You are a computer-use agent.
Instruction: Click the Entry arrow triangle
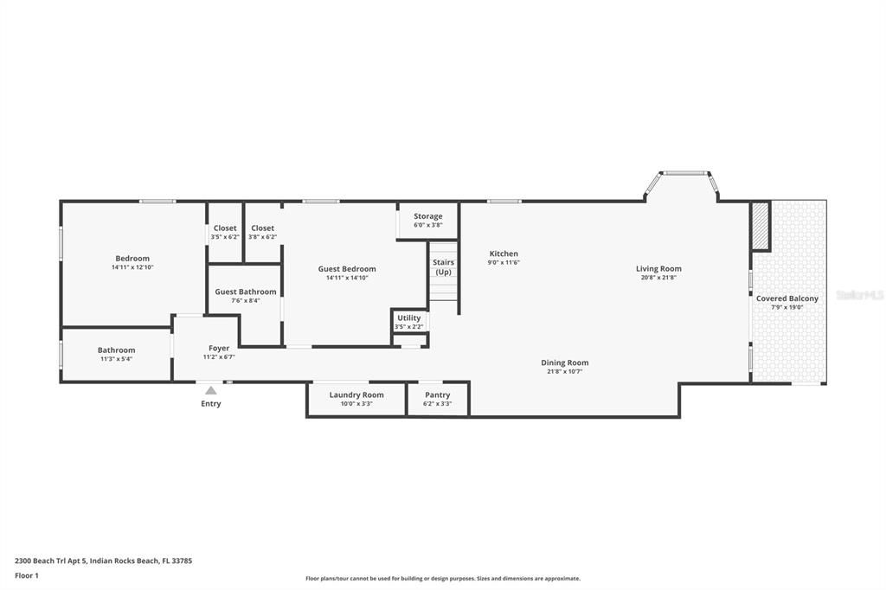point(210,391)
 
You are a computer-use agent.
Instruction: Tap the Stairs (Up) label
point(443,267)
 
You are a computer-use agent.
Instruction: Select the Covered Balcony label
point(786,298)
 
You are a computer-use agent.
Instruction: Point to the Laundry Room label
point(356,395)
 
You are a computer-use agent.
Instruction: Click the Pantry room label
point(437,395)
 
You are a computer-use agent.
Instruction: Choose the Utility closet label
point(408,318)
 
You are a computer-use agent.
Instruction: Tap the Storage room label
point(427,216)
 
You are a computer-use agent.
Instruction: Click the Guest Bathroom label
point(246,292)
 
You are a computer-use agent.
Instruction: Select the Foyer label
point(219,349)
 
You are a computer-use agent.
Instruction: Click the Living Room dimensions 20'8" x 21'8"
point(658,278)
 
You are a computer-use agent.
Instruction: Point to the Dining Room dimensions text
point(564,372)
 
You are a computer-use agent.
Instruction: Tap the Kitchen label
point(504,254)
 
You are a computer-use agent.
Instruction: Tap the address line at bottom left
point(103,561)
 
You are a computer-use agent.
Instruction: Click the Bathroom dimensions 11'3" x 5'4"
point(116,358)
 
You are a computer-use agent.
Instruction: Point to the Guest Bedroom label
point(347,269)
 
